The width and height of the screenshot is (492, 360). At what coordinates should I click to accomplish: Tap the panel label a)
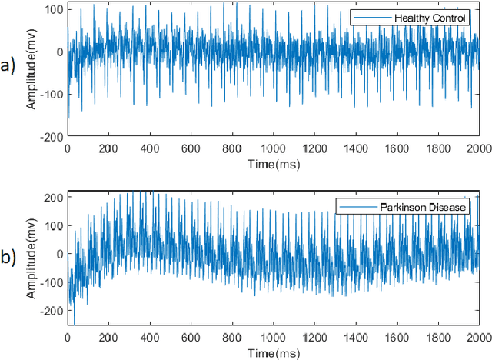click(9, 66)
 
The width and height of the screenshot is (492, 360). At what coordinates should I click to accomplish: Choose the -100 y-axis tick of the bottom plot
click(52, 282)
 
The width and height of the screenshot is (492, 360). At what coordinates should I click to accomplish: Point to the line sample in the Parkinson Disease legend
click(355, 206)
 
